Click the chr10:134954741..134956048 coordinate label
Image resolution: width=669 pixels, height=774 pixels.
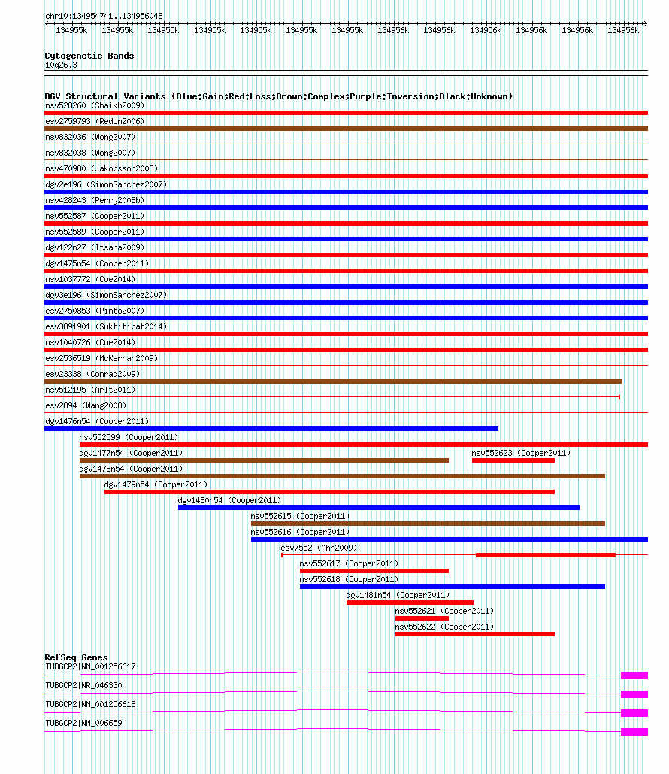104,16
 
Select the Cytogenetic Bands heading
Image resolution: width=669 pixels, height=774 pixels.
89,56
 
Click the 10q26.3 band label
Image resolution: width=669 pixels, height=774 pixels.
61,65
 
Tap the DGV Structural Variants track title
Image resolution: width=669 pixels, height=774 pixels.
278,96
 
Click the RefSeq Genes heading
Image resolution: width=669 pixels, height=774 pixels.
76,657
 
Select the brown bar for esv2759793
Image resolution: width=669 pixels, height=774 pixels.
346,129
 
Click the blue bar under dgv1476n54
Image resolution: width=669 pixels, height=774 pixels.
271,429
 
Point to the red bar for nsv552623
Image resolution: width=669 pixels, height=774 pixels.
513,460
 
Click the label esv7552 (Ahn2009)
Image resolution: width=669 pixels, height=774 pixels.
319,548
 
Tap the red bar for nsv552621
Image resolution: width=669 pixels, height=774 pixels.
422,618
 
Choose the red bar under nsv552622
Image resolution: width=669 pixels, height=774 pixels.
474,634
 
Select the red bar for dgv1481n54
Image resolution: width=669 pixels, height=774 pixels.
410,603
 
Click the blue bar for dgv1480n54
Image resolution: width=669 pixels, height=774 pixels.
378,508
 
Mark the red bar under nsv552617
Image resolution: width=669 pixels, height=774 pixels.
374,571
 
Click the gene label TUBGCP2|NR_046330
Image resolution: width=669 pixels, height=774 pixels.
83,685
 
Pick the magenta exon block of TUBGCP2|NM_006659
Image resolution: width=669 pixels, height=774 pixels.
634,732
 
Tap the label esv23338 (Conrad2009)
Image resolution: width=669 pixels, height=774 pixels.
92,374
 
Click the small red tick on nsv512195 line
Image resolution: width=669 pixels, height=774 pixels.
619,396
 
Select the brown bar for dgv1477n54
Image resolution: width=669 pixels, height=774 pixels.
264,460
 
